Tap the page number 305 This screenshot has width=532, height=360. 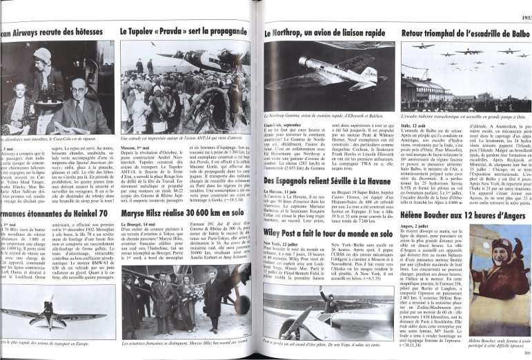[524, 352]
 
